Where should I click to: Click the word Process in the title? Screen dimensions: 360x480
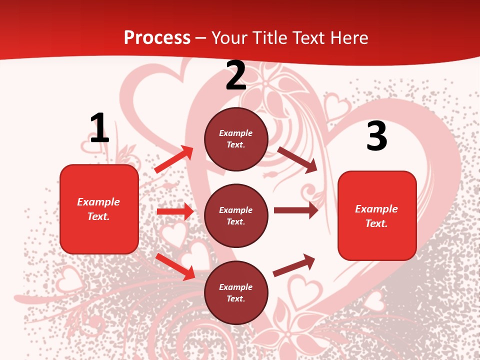(157, 38)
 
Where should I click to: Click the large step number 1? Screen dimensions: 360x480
(99, 128)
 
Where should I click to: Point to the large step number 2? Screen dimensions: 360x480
(236, 75)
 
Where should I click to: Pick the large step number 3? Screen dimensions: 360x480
(376, 136)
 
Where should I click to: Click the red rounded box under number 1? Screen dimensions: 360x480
(99, 209)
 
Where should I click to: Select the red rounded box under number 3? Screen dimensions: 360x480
(377, 216)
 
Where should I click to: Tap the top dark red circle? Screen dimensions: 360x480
(236, 139)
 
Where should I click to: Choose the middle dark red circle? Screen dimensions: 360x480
(236, 216)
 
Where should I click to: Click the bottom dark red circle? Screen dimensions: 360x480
(236, 293)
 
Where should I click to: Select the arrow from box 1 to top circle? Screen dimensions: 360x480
(174, 159)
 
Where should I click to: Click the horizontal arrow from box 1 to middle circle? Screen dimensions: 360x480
(175, 211)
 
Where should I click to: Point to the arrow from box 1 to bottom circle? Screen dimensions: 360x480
(175, 266)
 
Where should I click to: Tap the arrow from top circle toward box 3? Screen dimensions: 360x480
(297, 159)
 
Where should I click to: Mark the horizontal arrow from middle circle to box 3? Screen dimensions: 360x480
(295, 210)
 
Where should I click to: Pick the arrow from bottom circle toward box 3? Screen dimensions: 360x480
(294, 265)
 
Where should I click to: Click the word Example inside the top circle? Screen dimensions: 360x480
(236, 133)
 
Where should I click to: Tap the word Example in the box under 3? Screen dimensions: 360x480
(376, 209)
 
